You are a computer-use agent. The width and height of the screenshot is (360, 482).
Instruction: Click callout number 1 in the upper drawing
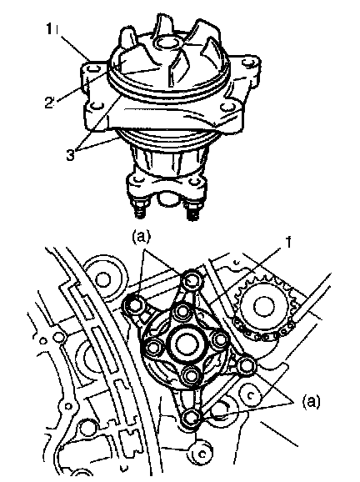[x=49, y=29]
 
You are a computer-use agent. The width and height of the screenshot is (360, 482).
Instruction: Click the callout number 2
[x=49, y=103]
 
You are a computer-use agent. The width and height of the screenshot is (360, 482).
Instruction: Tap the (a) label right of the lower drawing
[x=311, y=401]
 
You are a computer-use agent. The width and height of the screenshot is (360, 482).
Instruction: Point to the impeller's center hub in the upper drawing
[x=167, y=43]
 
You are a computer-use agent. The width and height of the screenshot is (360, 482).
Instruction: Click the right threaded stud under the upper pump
[x=192, y=210]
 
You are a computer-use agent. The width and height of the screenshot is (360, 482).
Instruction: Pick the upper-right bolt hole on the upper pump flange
[x=247, y=63]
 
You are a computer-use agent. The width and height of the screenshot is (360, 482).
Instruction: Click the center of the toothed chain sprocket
[x=263, y=306]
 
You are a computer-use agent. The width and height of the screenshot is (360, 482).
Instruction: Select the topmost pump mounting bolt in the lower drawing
[x=191, y=279]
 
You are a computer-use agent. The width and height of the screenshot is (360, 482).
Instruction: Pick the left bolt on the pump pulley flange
[x=153, y=349]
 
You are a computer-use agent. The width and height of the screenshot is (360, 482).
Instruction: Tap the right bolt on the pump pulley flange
[x=220, y=339]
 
